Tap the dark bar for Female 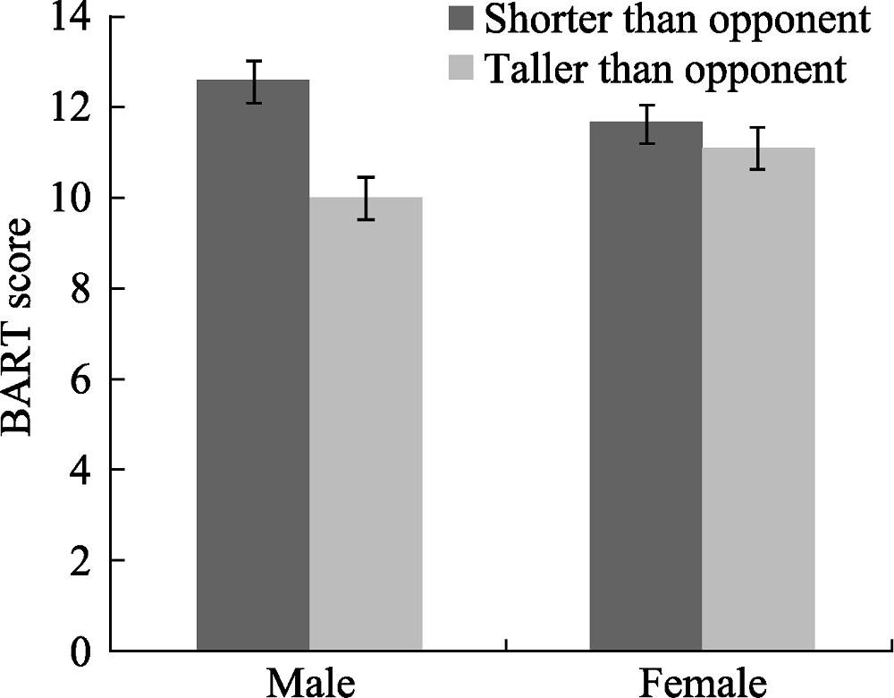pos(645,386)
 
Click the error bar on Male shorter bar pos(254,81)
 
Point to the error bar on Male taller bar pos(367,198)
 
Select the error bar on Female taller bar pos(759,149)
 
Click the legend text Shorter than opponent pos(677,21)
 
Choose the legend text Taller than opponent pos(665,69)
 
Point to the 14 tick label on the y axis pos(73,18)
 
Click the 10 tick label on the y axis pos(73,199)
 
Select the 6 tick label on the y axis pos(84,379)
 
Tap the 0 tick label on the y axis pos(84,651)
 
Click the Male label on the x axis pos(310,682)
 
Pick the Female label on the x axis pos(703,682)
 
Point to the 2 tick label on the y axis pos(84,560)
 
